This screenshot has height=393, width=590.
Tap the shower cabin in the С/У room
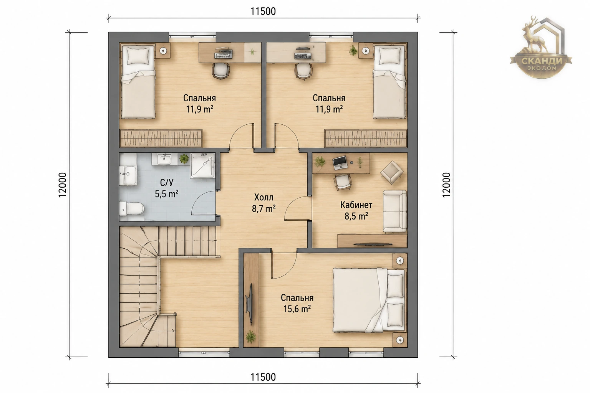(202, 166)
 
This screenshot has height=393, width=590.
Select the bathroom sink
(164, 159)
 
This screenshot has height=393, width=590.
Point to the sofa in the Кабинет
(395, 211)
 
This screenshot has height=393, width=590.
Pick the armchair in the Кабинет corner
(392, 172)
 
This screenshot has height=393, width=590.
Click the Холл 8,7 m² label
(264, 203)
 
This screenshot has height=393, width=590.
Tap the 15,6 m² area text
(297, 309)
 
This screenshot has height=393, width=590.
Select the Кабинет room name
(356, 205)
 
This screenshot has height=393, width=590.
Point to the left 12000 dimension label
(63, 185)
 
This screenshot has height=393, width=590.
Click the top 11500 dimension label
(263, 12)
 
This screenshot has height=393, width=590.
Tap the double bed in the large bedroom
(369, 300)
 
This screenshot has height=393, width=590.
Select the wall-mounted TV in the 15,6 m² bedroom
(249, 304)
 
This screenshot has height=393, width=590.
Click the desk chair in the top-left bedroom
(221, 71)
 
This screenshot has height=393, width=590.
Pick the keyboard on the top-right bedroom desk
(303, 56)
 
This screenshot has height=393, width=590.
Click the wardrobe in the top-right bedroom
(366, 138)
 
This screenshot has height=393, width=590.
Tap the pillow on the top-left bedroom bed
(138, 56)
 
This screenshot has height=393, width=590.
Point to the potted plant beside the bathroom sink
(184, 159)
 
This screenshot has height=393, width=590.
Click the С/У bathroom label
(166, 183)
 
